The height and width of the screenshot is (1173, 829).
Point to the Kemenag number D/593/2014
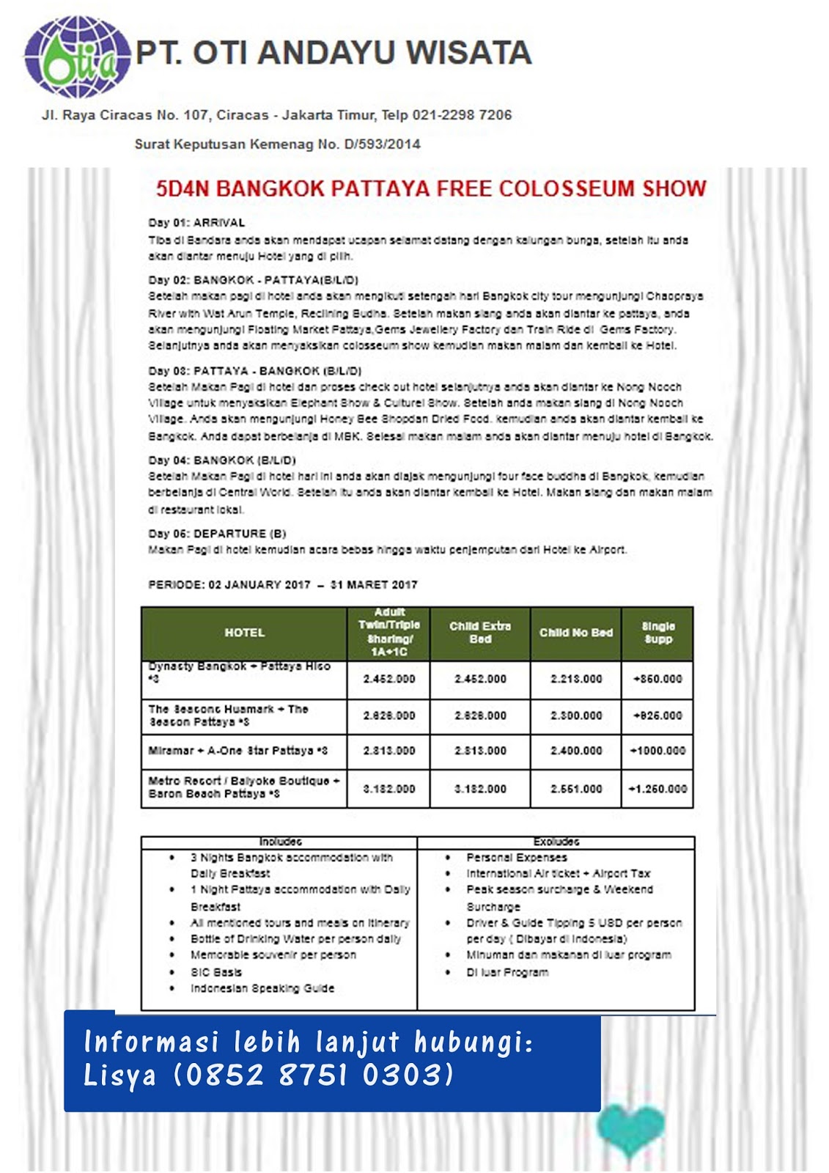click(382, 144)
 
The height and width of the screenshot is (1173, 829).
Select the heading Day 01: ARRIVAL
click(196, 223)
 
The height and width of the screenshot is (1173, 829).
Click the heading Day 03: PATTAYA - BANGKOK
click(255, 371)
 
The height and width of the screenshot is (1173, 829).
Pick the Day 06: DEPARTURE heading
click(217, 534)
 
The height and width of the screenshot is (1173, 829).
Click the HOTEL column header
click(244, 633)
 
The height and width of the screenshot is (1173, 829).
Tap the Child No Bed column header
click(576, 633)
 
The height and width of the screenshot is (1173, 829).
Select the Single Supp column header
click(658, 633)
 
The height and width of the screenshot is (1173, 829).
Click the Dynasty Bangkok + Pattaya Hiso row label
click(240, 672)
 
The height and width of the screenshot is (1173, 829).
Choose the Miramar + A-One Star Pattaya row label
click(238, 751)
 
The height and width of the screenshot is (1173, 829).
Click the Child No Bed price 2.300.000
click(576, 716)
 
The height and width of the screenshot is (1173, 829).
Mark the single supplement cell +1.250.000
click(657, 789)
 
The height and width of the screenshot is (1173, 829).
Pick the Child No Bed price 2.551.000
click(576, 789)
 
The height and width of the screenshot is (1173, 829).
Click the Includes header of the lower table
click(280, 842)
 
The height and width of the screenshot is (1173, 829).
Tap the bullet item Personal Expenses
click(516, 857)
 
